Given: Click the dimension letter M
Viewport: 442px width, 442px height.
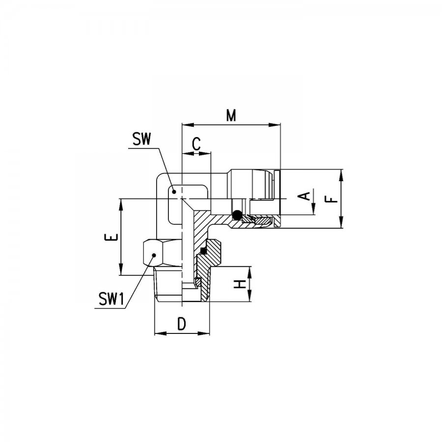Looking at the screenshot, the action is pos(231,115).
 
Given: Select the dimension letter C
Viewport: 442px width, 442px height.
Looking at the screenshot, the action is pos(196,144).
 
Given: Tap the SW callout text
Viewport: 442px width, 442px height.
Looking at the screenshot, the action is pos(142,139).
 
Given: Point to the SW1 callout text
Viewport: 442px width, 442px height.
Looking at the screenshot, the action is pos(111,299).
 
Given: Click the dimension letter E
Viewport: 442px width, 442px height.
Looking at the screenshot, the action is pos(111,237).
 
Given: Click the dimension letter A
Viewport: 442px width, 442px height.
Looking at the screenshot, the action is pos(304,196).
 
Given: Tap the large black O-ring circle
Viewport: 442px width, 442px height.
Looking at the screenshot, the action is pos(237,215).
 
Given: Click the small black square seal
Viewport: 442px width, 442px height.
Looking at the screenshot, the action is pos(203,250).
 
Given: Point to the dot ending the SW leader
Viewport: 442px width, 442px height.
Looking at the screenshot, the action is pos(174,192).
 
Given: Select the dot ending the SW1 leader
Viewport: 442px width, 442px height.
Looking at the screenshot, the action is pos(154,255).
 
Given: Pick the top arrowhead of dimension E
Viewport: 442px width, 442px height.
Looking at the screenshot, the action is pos(121,205).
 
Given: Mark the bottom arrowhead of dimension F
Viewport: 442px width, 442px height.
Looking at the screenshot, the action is pos(342,222).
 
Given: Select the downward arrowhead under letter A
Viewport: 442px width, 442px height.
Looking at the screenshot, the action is pos(313,209).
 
